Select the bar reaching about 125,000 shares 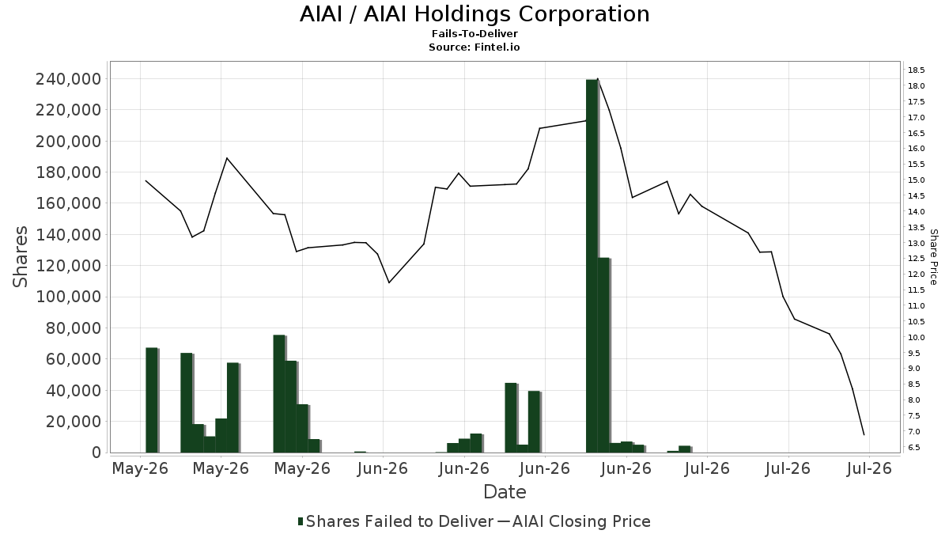pos(603,355)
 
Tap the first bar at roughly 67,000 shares pos(152,400)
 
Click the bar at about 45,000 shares pos(511,418)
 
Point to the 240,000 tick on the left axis pos(69,79)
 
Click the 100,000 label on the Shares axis pos(69,297)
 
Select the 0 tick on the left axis pos(96,453)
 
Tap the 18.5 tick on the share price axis pos(916,70)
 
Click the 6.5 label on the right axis pos(914,448)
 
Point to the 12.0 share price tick pos(916,275)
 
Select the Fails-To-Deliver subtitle pos(475,33)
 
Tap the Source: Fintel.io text pos(475,47)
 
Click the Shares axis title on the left pos(20,256)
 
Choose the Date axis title pos(505,492)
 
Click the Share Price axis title pos(933,257)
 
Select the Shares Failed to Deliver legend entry pos(395,521)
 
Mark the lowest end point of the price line pos(864,435)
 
